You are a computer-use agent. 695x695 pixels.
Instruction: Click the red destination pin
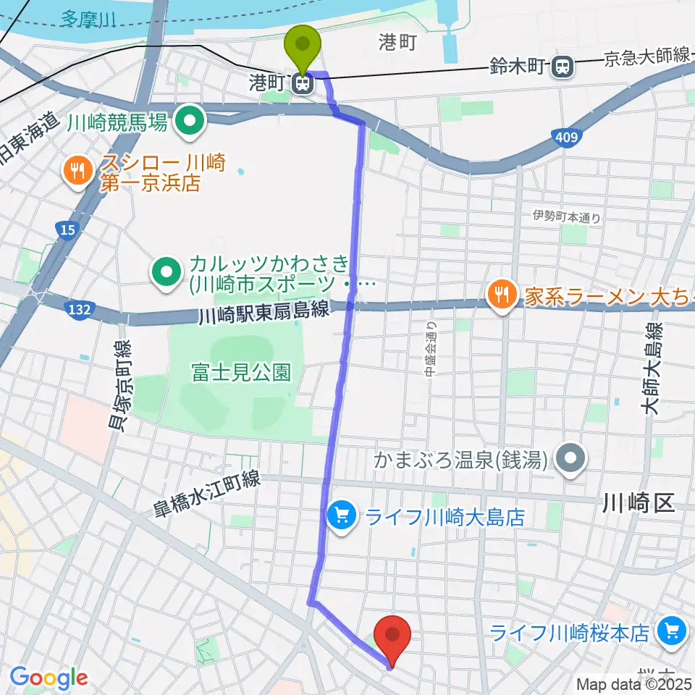(x=393, y=637)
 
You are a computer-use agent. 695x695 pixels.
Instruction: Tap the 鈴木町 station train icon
(x=560, y=67)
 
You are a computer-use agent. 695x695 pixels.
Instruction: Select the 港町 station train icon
(x=302, y=83)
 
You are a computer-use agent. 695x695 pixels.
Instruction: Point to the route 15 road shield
(x=66, y=229)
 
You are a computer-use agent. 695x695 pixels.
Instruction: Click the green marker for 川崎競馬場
(x=190, y=120)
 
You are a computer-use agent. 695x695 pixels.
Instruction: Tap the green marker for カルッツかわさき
(x=167, y=273)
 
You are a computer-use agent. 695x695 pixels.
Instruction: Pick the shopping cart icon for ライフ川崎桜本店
(x=671, y=632)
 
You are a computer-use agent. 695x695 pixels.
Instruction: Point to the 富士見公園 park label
(x=241, y=373)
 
